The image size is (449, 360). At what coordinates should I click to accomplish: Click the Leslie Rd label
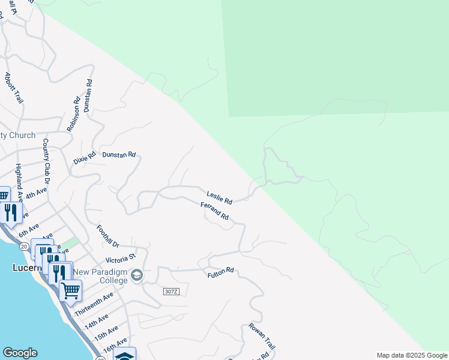219,196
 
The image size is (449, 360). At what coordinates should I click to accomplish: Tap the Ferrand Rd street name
215,211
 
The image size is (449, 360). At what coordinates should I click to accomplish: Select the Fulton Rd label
220,274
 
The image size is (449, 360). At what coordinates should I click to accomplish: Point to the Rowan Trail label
262,337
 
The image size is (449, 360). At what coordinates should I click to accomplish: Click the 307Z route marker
171,292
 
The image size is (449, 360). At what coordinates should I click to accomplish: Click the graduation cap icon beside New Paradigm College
137,274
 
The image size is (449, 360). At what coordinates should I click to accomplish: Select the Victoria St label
120,260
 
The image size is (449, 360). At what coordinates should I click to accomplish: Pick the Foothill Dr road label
108,236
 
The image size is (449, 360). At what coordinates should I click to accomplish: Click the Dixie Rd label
85,159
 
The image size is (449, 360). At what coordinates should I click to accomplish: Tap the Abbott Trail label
13,88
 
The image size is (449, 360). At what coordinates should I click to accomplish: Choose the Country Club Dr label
46,161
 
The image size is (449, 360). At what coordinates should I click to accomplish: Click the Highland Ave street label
19,182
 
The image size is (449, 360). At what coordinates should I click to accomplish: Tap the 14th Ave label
97,322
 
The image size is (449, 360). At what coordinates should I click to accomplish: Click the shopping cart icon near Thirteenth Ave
71,290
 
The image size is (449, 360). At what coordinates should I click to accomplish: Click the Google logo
20,353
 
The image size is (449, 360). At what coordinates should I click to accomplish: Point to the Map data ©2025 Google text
412,355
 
